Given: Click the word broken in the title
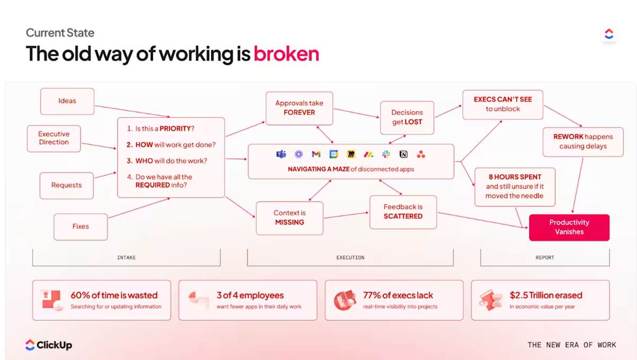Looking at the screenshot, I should tap(286, 54).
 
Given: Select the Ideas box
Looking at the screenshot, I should tap(67, 101).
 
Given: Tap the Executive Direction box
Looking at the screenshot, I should tap(54, 139).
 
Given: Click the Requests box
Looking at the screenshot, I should tap(66, 185).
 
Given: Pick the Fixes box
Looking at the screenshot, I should tap(81, 226).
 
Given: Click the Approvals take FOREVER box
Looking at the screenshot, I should tap(299, 108).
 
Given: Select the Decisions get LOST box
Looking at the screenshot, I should tap(407, 117).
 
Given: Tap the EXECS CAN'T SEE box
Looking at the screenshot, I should tap(502, 104).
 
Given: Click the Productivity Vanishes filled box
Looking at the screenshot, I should tap(569, 227).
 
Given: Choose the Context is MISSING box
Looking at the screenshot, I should tap(289, 218).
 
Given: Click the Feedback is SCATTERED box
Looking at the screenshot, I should tap(403, 212).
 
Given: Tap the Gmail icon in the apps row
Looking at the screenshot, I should tap(316, 155).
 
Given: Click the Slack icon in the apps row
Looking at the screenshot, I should tap(386, 155).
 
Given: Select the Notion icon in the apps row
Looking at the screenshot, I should tap(403, 155).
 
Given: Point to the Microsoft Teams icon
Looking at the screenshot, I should tap(281, 155).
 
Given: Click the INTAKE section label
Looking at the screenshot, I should tap(126, 258).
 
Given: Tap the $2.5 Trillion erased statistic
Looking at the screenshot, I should tap(546, 295).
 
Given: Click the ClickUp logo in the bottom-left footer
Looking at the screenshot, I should tap(48, 345).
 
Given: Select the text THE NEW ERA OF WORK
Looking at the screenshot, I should tap(571, 345).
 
